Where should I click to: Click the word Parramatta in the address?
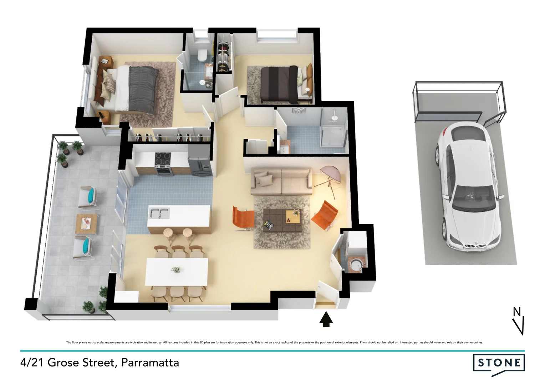coord(150,363)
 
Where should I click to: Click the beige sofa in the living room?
coord(281,181)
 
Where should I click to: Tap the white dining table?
coord(177,271)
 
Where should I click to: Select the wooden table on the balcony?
coord(87,223)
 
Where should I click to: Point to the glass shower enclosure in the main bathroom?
coord(333,128)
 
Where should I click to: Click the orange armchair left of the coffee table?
coord(243,217)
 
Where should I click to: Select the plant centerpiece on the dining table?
coord(175,269)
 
